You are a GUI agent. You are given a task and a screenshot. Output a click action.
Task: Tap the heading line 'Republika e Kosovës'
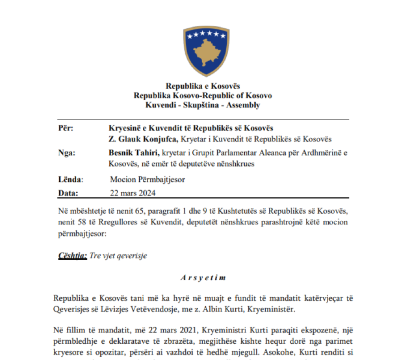pyautogui.click(x=203, y=86)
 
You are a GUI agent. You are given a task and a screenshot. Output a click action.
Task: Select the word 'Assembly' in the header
pyautogui.click(x=244, y=105)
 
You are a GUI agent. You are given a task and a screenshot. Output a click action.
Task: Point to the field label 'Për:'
pyautogui.click(x=66, y=128)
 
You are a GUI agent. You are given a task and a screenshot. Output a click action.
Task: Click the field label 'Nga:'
pyautogui.click(x=67, y=153)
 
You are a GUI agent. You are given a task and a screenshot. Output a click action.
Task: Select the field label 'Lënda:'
pyautogui.click(x=68, y=179)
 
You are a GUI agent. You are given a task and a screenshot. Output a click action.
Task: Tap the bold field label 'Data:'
pyautogui.click(x=68, y=193)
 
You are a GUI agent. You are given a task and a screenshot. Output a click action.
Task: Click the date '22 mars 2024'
pyautogui.click(x=133, y=193)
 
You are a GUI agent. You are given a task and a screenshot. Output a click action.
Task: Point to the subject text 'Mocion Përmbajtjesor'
pyautogui.click(x=147, y=179)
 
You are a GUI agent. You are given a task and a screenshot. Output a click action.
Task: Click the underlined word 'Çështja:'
pyautogui.click(x=73, y=256)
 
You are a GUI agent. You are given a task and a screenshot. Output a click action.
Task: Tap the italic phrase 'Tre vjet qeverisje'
pyautogui.click(x=118, y=256)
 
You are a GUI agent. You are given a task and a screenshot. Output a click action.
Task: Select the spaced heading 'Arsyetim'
pyautogui.click(x=203, y=277)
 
